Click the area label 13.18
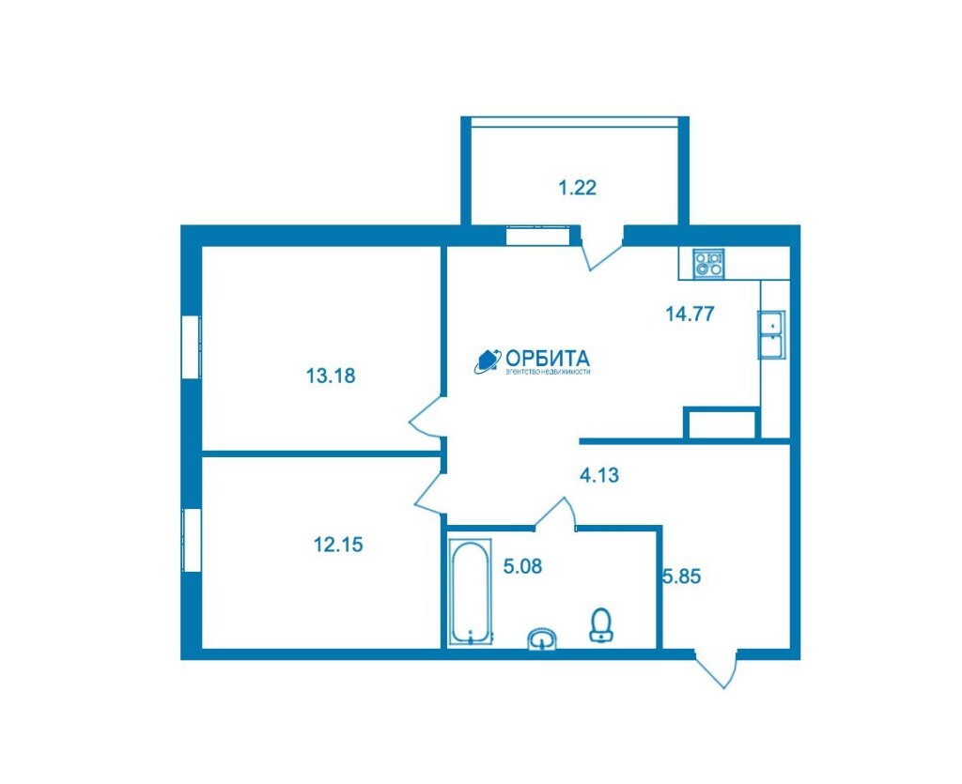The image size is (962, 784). [x=331, y=376]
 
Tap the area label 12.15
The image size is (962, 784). [x=338, y=544]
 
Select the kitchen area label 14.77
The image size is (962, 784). [x=690, y=314]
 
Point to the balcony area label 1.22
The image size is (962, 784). [x=578, y=187]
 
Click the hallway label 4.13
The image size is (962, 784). [x=599, y=474]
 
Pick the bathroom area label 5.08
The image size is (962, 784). [x=522, y=566]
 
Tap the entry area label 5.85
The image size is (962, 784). [x=682, y=576]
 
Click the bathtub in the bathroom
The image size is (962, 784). [x=471, y=592]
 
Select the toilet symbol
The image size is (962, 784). [x=601, y=624]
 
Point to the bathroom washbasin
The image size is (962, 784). [x=542, y=638]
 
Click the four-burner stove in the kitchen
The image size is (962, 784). [x=708, y=264]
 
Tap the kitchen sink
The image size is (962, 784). [x=772, y=334]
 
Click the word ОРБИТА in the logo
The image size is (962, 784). [x=548, y=358]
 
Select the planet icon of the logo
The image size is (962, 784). [x=488, y=361]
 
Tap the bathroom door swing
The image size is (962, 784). [x=555, y=513]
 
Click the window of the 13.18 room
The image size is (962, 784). [x=192, y=347]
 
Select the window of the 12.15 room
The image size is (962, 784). [x=192, y=540]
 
